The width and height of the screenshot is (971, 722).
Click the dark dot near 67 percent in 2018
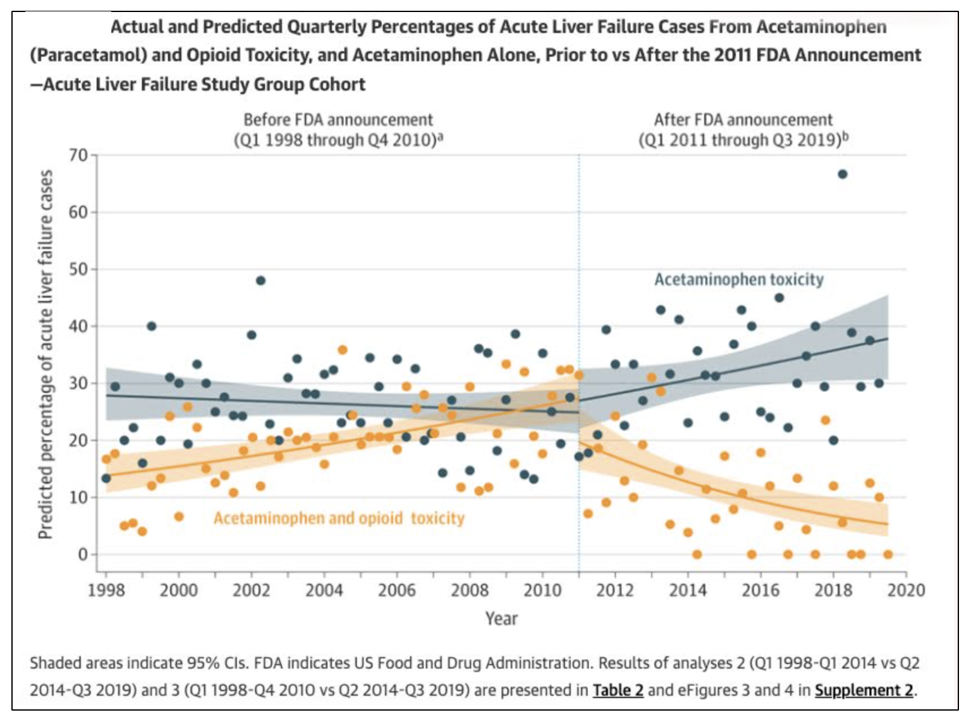[842, 174]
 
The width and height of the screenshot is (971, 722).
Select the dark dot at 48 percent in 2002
[260, 281]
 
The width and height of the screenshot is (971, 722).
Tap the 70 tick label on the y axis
[78, 155]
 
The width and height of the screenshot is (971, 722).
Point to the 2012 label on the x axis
[615, 590]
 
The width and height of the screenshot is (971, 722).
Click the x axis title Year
[501, 618]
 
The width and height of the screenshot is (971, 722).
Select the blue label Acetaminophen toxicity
[738, 279]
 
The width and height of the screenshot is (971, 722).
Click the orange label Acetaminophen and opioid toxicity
[339, 518]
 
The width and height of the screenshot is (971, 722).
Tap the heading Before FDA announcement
[338, 119]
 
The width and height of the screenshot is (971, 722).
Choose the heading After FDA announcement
[743, 119]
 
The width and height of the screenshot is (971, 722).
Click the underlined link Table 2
[618, 690]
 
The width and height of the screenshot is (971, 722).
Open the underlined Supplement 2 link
[864, 690]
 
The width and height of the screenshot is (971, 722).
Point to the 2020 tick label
[906, 590]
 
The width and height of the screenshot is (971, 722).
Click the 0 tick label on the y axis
[83, 554]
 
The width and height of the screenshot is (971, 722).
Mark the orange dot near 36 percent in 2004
[343, 350]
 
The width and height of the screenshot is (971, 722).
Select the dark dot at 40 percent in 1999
[152, 326]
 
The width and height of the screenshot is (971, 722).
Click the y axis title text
[45, 354]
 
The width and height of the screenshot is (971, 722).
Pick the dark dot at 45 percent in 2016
[779, 298]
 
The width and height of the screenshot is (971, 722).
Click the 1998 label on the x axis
[106, 590]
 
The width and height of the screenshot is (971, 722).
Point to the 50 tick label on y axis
[78, 269]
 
